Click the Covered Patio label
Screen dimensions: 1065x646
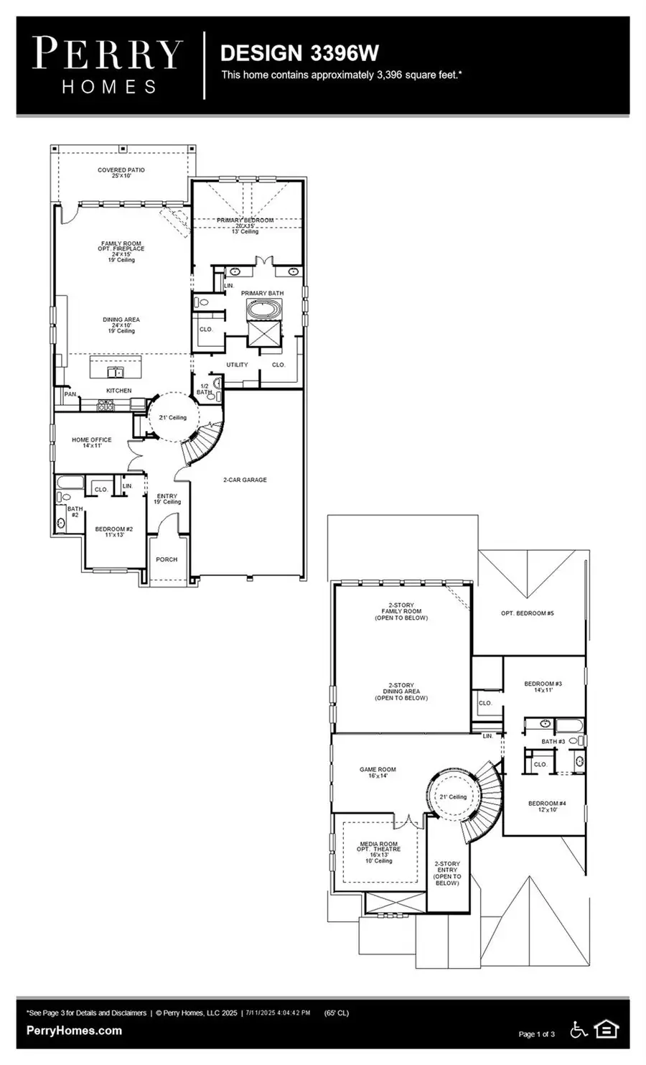tap(121, 173)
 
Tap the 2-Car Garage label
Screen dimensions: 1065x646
tap(244, 480)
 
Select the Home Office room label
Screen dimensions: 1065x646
tap(91, 442)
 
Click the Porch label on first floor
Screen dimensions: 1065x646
tap(167, 559)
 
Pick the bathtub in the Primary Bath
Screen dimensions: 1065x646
tap(263, 310)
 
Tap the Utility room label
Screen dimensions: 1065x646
tap(237, 365)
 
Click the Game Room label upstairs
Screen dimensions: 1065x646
tap(377, 772)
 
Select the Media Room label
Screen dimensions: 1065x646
tap(378, 852)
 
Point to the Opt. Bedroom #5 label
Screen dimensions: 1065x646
tap(527, 613)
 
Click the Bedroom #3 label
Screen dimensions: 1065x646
tap(543, 687)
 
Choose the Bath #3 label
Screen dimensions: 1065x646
tap(553, 741)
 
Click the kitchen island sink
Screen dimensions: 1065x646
tap(115, 371)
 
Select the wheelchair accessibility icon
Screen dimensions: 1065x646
tap(579, 1030)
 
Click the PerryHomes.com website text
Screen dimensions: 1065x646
tap(74, 1031)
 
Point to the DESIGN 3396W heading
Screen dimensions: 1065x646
tap(299, 53)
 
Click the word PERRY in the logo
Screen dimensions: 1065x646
tap(108, 55)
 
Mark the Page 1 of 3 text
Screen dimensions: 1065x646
tap(536, 1034)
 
